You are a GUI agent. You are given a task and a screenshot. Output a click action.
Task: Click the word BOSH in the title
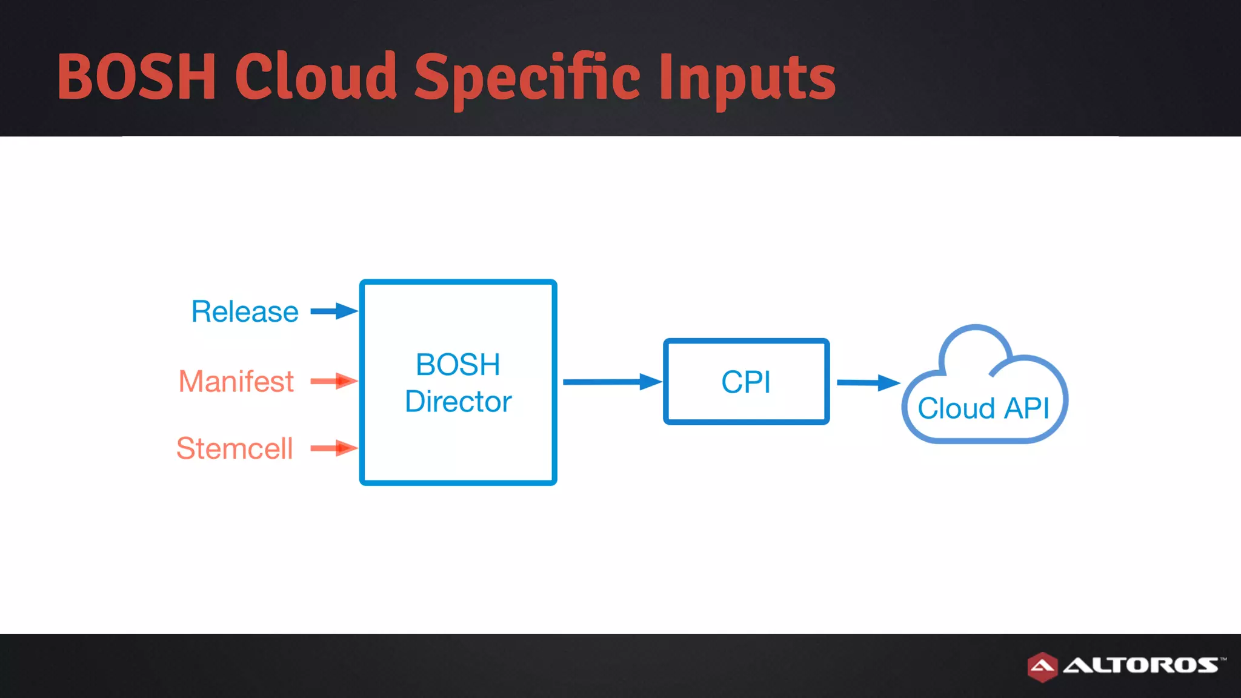[136, 77]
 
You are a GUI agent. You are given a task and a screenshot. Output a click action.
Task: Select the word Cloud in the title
[316, 77]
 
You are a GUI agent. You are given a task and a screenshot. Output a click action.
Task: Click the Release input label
[245, 312]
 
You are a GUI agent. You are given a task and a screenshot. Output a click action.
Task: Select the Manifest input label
[236, 382]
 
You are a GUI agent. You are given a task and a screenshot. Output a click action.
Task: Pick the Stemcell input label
[235, 449]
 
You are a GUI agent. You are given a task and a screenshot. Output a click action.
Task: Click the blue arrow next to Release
[334, 311]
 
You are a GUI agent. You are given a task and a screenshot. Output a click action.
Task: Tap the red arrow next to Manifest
[334, 381]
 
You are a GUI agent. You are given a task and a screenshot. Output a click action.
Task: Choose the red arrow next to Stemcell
[334, 448]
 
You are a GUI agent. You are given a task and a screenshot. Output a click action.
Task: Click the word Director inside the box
[458, 402]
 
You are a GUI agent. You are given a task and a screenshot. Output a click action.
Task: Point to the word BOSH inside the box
[458, 365]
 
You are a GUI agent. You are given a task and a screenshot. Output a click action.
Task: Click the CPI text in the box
[746, 382]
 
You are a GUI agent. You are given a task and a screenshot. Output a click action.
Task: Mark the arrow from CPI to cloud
[867, 382]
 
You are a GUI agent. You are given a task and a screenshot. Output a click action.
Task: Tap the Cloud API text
[983, 408]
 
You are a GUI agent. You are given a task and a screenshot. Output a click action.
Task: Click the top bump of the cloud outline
[975, 328]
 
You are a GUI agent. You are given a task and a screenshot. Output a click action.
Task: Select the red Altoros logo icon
[1042, 666]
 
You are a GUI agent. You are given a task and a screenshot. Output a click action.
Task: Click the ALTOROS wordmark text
[1140, 665]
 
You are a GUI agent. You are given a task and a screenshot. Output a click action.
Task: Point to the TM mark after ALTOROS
[1223, 658]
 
